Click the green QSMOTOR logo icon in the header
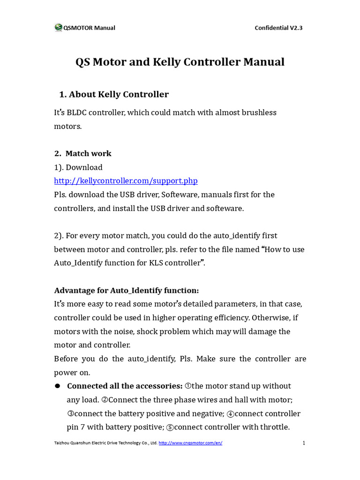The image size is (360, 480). (58, 28)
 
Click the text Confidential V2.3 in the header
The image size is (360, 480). (278, 28)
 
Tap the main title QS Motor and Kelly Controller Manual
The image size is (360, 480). (180, 62)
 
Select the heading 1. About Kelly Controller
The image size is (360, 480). (114, 94)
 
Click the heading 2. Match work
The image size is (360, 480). (83, 153)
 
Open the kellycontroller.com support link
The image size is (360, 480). (126, 180)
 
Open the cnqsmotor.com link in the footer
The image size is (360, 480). (190, 443)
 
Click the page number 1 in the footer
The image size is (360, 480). (304, 443)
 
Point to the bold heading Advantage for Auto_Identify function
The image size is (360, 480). (126, 290)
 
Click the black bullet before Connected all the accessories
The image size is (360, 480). (58, 386)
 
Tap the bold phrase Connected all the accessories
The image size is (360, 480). (125, 386)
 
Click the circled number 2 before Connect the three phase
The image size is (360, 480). (105, 400)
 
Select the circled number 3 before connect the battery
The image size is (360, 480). (70, 413)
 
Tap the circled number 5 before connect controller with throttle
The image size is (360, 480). (170, 427)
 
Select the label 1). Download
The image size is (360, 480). (78, 167)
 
